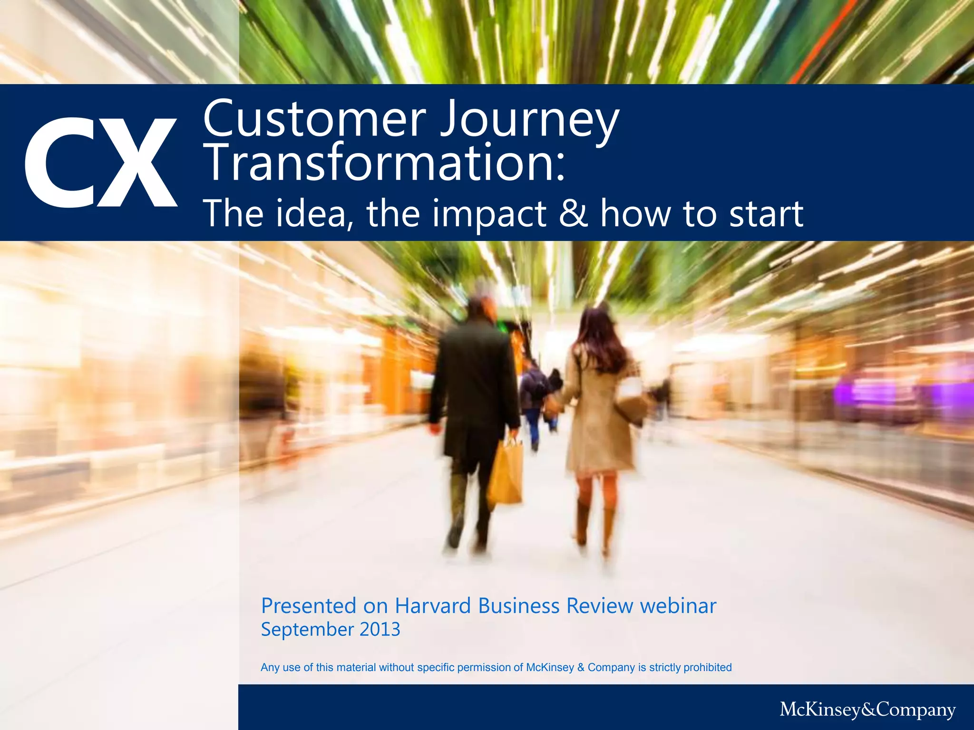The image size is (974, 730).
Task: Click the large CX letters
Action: [x=101, y=163]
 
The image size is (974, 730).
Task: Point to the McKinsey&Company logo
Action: [x=867, y=709]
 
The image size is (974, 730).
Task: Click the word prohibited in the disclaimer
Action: [x=707, y=667]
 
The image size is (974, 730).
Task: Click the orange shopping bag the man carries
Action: [x=506, y=473]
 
